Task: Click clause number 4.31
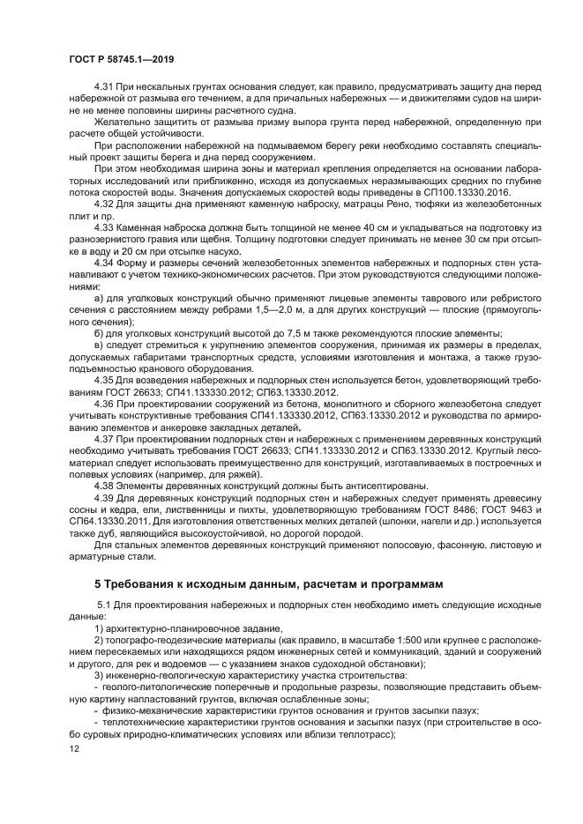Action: tap(106, 88)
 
